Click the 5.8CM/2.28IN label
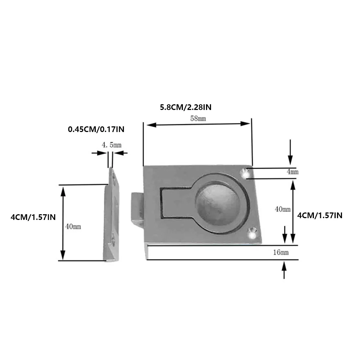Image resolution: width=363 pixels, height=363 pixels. tap(188, 107)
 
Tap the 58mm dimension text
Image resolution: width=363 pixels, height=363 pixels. tap(198, 119)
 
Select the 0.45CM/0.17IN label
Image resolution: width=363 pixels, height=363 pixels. tap(96, 129)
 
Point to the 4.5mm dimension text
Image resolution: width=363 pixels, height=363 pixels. tap(112, 145)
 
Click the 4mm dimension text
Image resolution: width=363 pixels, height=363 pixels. tap(293, 172)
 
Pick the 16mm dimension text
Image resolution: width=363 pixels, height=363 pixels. tap(281, 252)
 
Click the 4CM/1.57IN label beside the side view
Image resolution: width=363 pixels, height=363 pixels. tap(33, 217)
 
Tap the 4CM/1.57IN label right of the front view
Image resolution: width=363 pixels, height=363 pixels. tap(320, 215)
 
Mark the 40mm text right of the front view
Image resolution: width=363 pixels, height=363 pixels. tap(283, 209)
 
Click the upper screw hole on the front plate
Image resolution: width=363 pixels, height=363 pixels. tap(244, 173)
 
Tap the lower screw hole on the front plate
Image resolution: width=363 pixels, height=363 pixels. tap(252, 233)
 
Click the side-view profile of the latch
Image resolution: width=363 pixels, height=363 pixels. tap(112, 217)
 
